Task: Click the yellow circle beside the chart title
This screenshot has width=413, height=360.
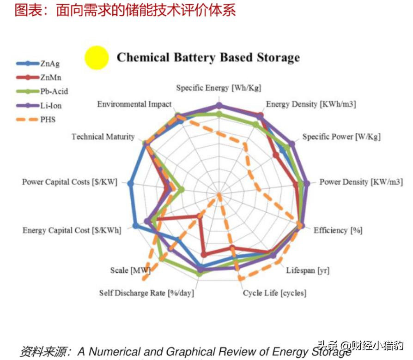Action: point(97,58)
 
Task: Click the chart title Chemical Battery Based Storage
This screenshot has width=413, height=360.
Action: point(208,58)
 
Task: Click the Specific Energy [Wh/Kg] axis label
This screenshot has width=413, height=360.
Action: point(219,88)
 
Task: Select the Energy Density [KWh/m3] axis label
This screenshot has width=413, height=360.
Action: point(311,104)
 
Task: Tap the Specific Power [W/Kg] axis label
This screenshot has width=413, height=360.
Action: point(341,137)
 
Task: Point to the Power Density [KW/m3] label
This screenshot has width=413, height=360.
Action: point(361,182)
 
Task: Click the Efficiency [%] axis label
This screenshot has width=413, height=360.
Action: point(338,230)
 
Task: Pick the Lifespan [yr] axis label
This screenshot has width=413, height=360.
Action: point(308,270)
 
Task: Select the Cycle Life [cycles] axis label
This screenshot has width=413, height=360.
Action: point(274,293)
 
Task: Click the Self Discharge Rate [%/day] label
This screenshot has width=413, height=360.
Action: point(146,293)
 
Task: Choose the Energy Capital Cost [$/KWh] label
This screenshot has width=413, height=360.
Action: point(72,230)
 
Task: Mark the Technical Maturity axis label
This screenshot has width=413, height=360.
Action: point(103,137)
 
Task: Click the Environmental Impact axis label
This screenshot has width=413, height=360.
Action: point(134,104)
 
